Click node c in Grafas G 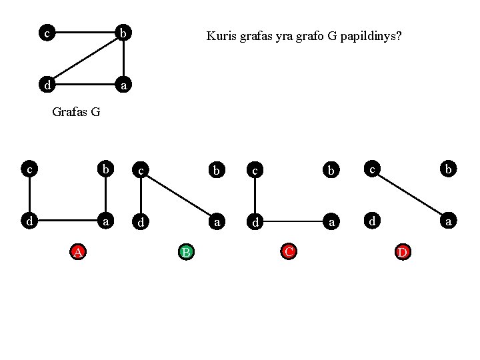46,32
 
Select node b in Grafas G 123,32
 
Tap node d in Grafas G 46,85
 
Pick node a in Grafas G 123,85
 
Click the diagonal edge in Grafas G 85,59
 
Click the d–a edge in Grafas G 85,85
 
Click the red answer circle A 78,252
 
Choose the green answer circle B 186,252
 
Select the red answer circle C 289,252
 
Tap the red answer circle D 403,252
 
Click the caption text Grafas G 76,112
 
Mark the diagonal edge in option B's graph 177,194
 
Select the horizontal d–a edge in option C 291,219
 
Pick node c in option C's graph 254,171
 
